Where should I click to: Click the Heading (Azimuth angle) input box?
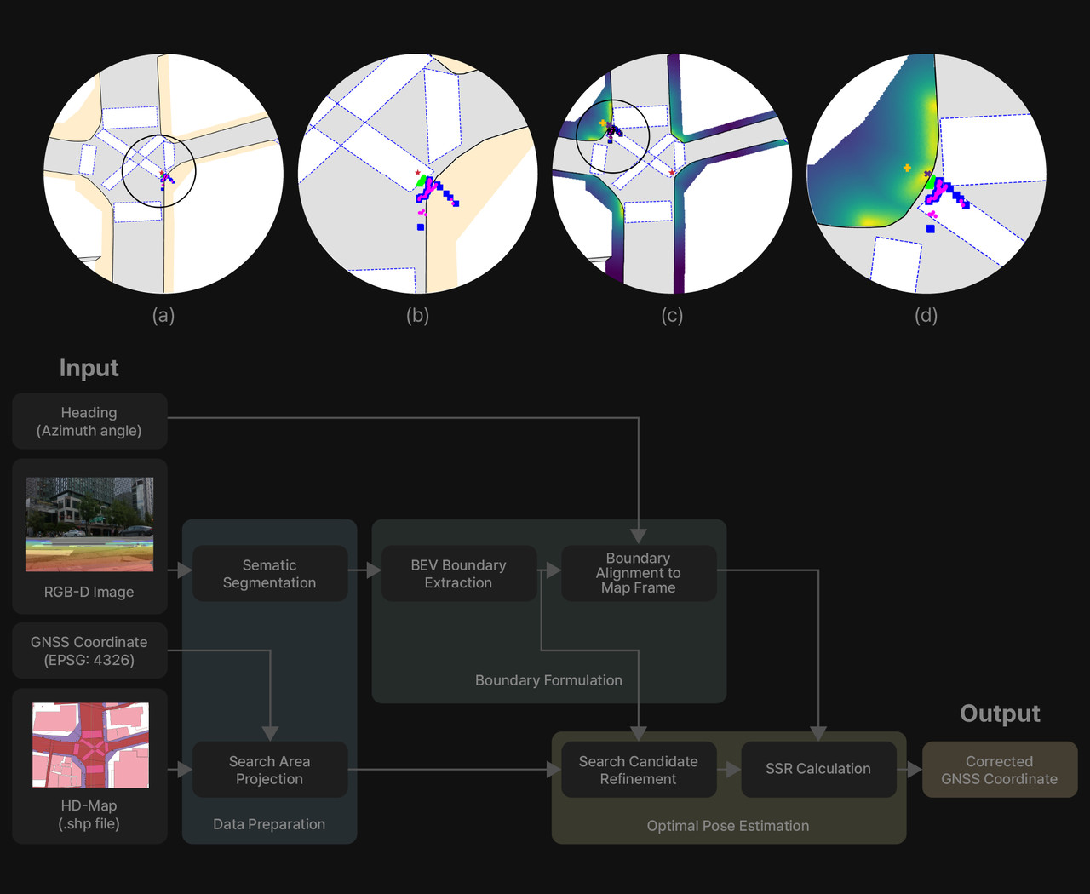click(x=89, y=421)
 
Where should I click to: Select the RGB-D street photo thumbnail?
click(x=89, y=524)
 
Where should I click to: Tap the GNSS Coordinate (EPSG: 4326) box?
click(x=89, y=651)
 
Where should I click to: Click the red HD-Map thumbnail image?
click(x=90, y=745)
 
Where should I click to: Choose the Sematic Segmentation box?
click(x=269, y=574)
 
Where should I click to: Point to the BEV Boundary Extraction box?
click(x=458, y=574)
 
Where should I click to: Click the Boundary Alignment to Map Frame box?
click(x=638, y=573)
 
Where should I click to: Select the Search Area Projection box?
click(x=269, y=770)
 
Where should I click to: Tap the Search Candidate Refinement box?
click(x=638, y=770)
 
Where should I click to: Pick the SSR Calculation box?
click(x=817, y=769)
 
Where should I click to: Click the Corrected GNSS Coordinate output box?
click(x=999, y=770)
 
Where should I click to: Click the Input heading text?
click(x=89, y=368)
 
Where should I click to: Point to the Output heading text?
click(x=1000, y=713)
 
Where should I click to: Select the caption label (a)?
click(x=163, y=316)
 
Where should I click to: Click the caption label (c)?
click(x=672, y=316)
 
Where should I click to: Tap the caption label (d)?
click(x=926, y=316)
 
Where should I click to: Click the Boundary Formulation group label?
click(x=548, y=680)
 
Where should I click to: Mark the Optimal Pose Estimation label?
click(x=727, y=826)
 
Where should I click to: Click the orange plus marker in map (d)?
click(x=907, y=169)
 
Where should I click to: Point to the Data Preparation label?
click(x=269, y=824)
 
